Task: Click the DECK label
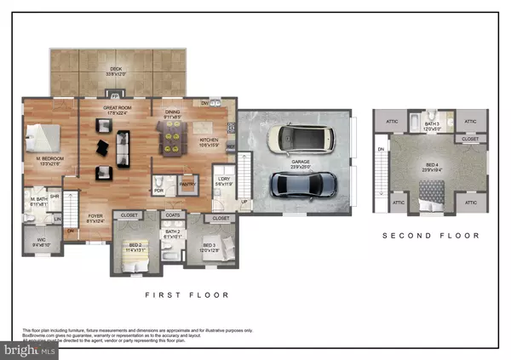pyautogui.click(x=116, y=70)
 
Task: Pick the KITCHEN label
pyautogui.click(x=209, y=141)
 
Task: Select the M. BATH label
pyautogui.click(x=37, y=203)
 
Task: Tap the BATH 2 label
pyautogui.click(x=173, y=231)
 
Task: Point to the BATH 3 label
pyautogui.click(x=433, y=124)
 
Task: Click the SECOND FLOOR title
pyautogui.click(x=431, y=236)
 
